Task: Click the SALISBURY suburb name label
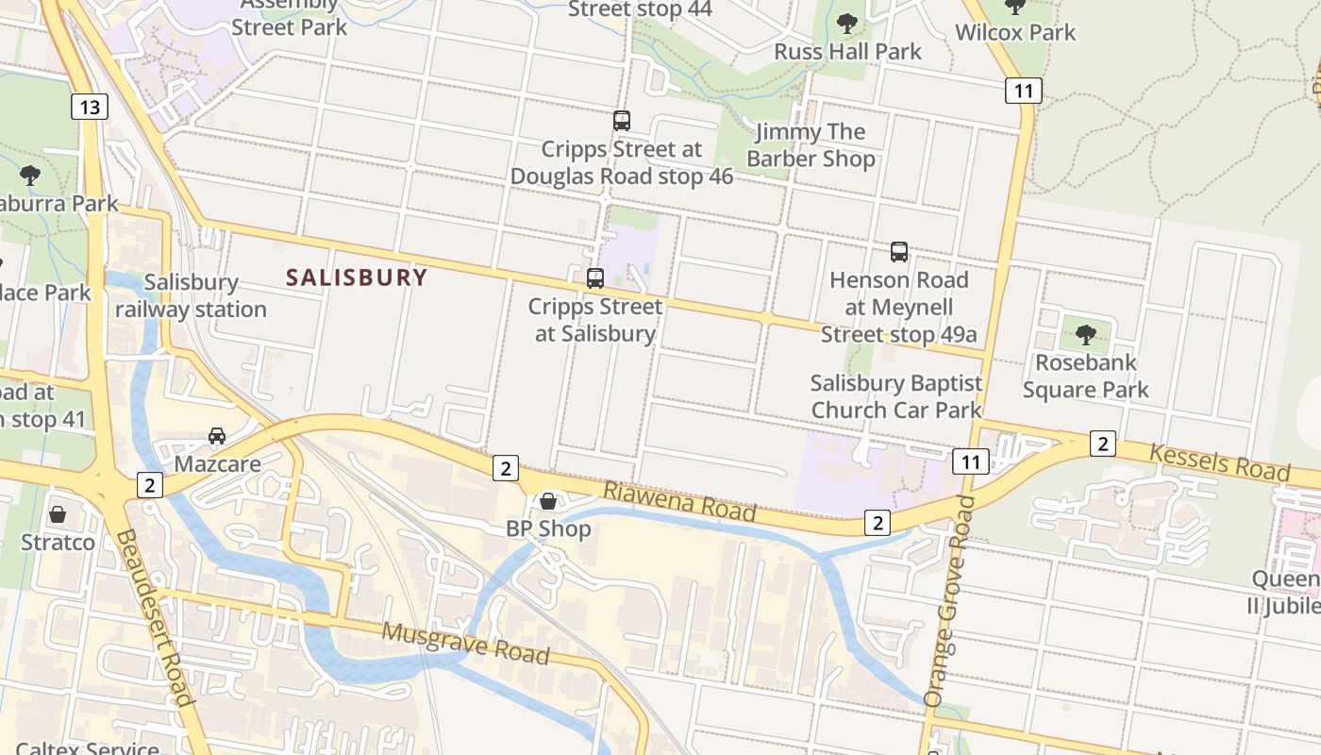tap(357, 277)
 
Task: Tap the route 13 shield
tap(90, 107)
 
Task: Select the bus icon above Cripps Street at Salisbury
tap(594, 278)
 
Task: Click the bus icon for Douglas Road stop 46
tap(621, 121)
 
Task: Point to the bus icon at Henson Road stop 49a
tap(898, 252)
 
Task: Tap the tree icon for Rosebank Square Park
tap(1085, 334)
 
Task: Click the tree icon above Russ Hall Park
tap(846, 23)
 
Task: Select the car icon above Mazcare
tap(217, 436)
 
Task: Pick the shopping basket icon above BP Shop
tap(548, 500)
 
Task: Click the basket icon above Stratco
tap(58, 514)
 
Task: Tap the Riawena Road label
tap(679, 501)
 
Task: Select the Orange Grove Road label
tap(949, 600)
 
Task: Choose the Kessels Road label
tap(1219, 462)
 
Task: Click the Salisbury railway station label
tap(191, 295)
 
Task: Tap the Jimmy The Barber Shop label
tap(811, 145)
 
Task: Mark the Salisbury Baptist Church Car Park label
tap(896, 396)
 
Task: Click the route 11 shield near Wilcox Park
tap(1023, 91)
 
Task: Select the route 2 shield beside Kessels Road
tap(1102, 443)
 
